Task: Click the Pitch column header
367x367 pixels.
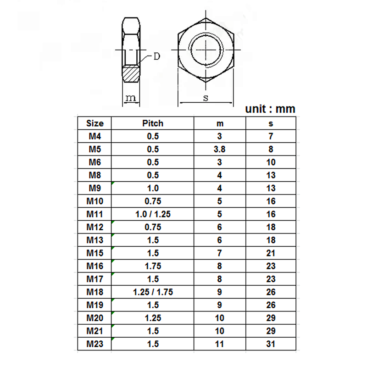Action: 153,123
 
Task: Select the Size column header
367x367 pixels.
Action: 95,123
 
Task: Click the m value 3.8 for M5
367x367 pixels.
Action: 220,149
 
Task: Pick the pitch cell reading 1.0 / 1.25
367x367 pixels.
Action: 153,214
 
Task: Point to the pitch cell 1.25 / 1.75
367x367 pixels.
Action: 153,292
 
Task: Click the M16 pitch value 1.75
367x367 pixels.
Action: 153,266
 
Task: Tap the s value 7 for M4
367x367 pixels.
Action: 271,136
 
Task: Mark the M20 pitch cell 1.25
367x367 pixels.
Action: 153,317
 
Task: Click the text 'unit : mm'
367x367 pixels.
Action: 270,109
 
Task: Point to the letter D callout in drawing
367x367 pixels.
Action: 156,56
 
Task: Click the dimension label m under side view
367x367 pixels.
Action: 131,98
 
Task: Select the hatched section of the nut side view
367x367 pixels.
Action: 132,74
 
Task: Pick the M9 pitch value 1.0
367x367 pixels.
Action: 153,188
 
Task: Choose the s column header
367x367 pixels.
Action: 271,123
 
